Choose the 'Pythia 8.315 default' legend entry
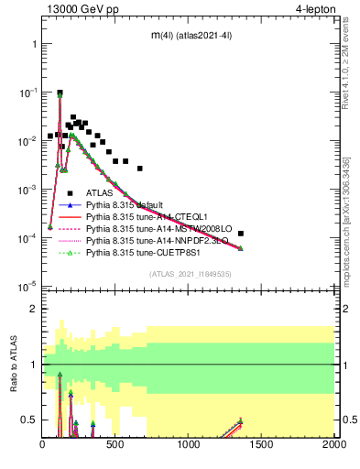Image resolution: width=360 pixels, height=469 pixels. click(x=125, y=204)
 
